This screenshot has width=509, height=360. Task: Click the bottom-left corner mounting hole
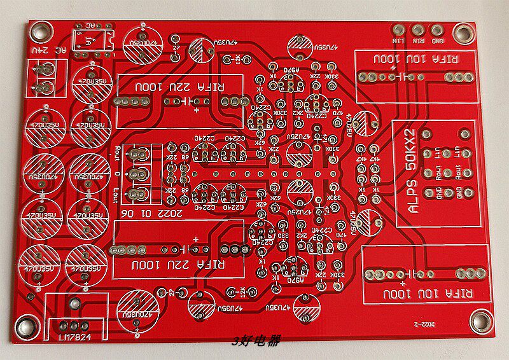coord(27,328)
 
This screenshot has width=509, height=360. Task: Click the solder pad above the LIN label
coord(399,30)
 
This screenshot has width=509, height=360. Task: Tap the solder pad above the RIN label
coord(418,30)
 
